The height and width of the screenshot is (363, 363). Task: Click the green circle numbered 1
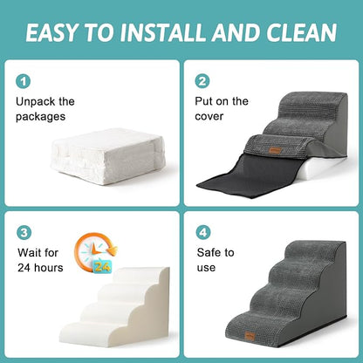pos(24,81)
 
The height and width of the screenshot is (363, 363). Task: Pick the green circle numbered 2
pos(202,81)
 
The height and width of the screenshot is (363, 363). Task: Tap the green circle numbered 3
pos(24,233)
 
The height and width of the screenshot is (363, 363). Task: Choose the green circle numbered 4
pos(202,233)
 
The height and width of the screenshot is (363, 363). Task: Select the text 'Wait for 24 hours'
pos(40,260)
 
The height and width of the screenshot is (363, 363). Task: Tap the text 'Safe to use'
pos(216,260)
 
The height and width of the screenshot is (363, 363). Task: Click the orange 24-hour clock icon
pos(91,253)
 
